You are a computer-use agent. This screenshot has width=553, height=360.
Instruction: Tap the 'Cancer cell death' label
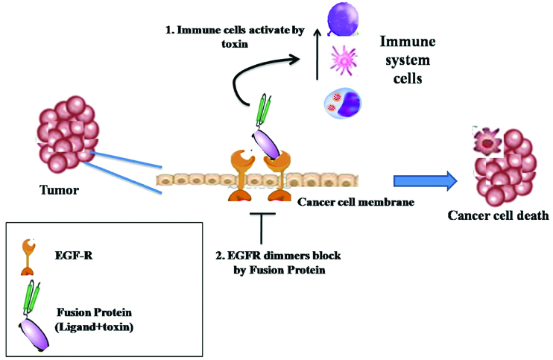coord(499,216)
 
